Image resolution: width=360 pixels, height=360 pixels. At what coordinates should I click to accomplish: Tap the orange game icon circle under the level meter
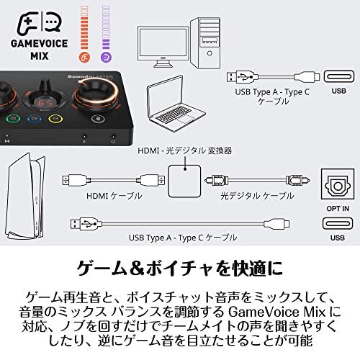click(x=86, y=55)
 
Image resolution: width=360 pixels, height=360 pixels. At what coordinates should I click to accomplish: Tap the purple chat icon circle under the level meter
click(x=106, y=55)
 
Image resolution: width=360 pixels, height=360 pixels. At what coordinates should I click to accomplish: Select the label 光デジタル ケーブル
click(x=246, y=196)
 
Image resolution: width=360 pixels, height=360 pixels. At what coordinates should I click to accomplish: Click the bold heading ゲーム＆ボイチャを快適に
click(x=179, y=269)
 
